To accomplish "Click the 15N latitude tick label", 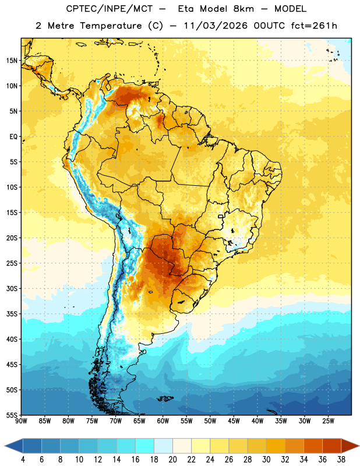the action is tap(12, 61).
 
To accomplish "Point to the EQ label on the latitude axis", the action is tap(13, 137).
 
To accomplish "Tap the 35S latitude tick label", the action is tap(12, 314).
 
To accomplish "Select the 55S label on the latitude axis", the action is tap(12, 415).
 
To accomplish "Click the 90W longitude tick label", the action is tap(21, 421).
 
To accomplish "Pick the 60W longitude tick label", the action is tap(163, 421).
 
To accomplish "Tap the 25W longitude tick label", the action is tap(328, 421).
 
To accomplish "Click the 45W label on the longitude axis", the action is tap(234, 421).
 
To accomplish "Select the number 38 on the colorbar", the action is tap(341, 460).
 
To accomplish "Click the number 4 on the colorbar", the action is tap(23, 460).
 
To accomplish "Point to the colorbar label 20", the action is tap(172, 460).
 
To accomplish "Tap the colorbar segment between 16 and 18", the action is tap(145, 446).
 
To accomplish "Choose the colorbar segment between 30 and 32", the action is tap(276, 446).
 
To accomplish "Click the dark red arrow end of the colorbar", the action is tap(350, 446).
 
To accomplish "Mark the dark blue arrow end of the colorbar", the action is tap(14, 446).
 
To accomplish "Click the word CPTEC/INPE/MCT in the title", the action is tap(109, 9).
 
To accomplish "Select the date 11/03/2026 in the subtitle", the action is tap(216, 26).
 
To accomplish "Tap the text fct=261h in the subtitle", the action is tap(314, 26).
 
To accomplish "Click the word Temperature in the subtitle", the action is tap(111, 26).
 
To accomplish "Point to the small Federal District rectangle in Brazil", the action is tap(221, 216).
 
